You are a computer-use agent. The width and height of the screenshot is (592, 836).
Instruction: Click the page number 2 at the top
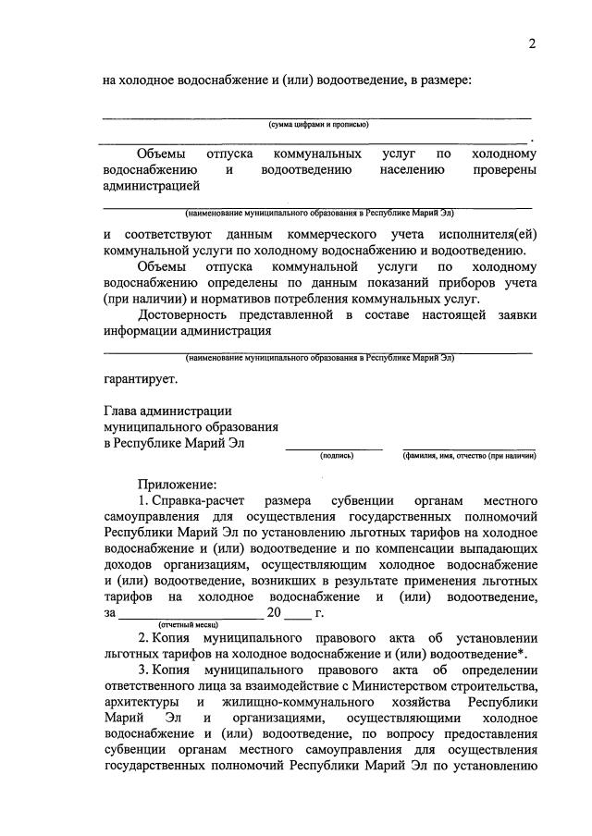click(x=532, y=44)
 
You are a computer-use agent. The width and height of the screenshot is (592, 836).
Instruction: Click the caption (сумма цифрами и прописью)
click(x=319, y=125)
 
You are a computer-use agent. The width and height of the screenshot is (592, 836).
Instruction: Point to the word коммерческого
click(x=333, y=234)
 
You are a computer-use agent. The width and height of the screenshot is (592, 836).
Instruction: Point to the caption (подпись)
click(x=337, y=456)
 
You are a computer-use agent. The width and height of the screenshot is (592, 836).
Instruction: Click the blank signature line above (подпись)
click(x=334, y=448)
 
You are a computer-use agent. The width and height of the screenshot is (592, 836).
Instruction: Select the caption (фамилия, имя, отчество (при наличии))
click(x=469, y=456)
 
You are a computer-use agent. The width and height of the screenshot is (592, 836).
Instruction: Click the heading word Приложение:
click(x=178, y=484)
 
